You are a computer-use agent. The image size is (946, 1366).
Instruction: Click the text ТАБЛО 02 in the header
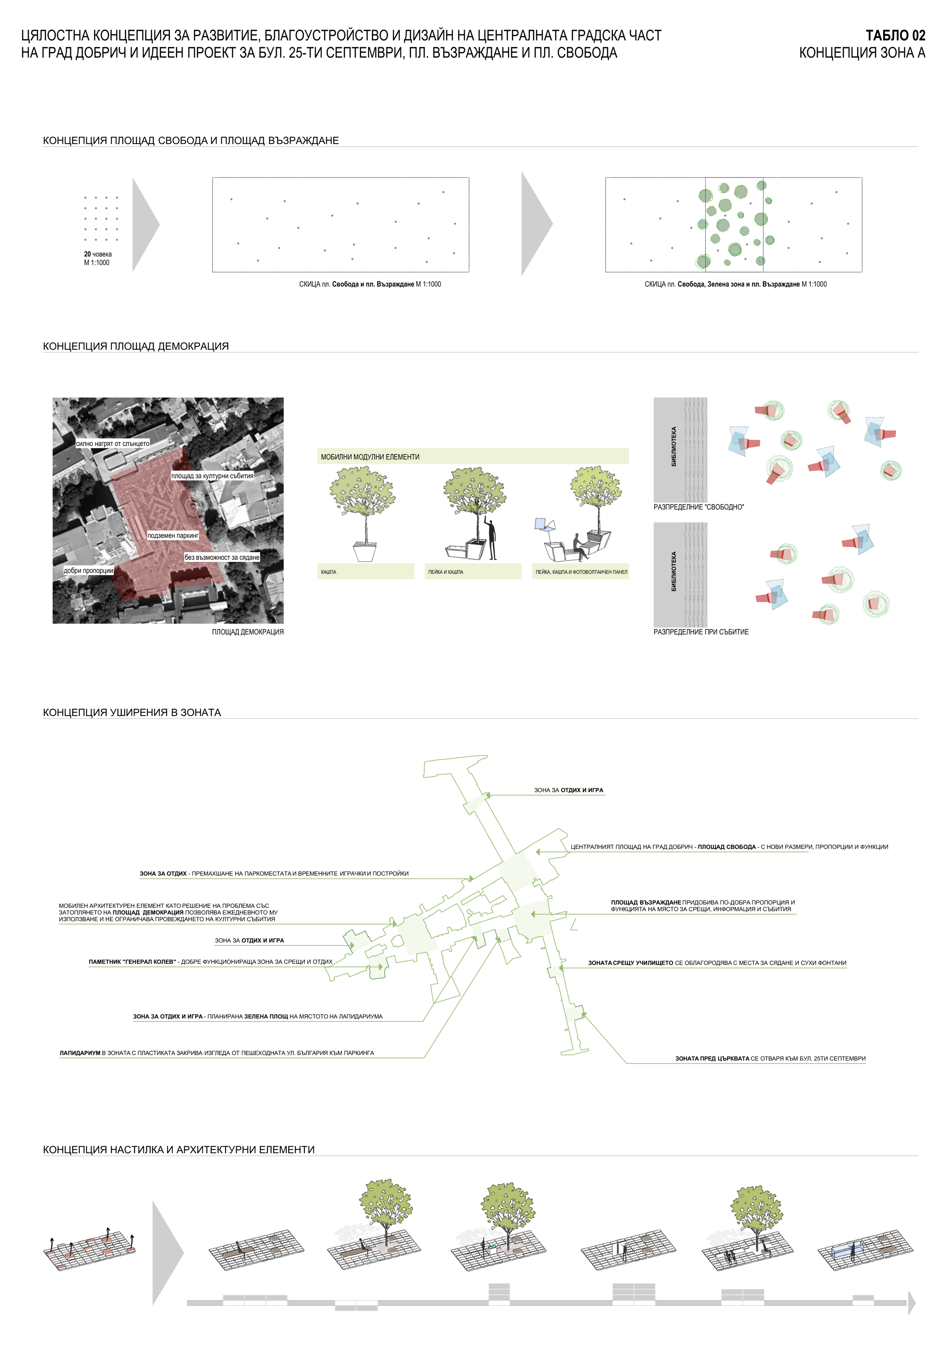895,35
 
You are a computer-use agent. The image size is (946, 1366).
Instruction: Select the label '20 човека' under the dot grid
98,254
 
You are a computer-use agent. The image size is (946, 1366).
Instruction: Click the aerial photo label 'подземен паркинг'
173,536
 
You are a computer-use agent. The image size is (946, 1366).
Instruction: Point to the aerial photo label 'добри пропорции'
88,570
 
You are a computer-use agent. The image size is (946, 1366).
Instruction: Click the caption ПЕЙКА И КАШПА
446,572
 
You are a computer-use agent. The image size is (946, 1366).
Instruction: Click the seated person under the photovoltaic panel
578,546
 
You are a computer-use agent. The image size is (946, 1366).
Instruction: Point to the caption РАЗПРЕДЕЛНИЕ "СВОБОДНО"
698,507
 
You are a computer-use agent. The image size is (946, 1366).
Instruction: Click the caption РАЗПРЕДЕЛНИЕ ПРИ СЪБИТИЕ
701,632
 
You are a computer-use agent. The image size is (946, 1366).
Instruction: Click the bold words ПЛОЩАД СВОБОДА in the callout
727,847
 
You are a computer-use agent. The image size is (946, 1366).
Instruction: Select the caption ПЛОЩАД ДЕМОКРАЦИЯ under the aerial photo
248,632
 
